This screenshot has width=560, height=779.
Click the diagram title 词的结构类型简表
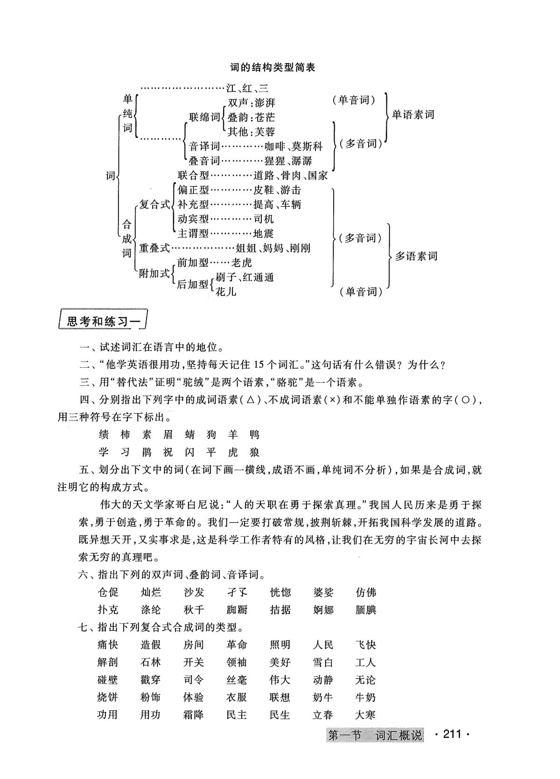point(273,67)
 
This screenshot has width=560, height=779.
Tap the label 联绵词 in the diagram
point(204,117)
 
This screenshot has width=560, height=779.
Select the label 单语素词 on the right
point(413,114)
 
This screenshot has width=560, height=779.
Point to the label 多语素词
point(416,256)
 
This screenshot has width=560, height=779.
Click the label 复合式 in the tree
point(155,204)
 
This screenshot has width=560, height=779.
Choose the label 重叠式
point(154,248)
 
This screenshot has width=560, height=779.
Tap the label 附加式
point(154,274)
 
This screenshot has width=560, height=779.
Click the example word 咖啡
point(275,147)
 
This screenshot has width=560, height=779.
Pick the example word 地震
point(263,233)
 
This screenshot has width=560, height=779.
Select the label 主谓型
point(193,233)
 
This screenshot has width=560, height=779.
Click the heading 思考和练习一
point(103,322)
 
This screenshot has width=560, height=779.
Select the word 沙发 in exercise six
point(194,592)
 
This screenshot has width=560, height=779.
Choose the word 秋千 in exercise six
point(194,610)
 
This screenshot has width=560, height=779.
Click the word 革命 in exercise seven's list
point(237,645)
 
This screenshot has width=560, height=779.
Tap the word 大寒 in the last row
point(365,715)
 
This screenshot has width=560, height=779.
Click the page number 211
point(451,735)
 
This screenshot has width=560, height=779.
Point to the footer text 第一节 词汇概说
point(375,736)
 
